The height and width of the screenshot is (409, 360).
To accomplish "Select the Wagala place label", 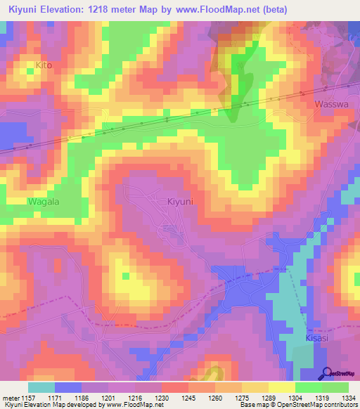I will pos(44,202).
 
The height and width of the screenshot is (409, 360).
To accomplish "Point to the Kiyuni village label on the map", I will pos(181,202).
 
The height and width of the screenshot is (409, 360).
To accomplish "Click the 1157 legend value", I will pos(27,398).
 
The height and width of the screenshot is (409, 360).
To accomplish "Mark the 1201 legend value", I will pos(107,398).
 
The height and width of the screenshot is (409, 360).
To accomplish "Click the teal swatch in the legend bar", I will pos(41,387).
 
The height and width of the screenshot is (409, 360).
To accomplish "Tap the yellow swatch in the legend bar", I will pos(281,387).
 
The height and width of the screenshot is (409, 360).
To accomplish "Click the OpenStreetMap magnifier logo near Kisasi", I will pos(326,374).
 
